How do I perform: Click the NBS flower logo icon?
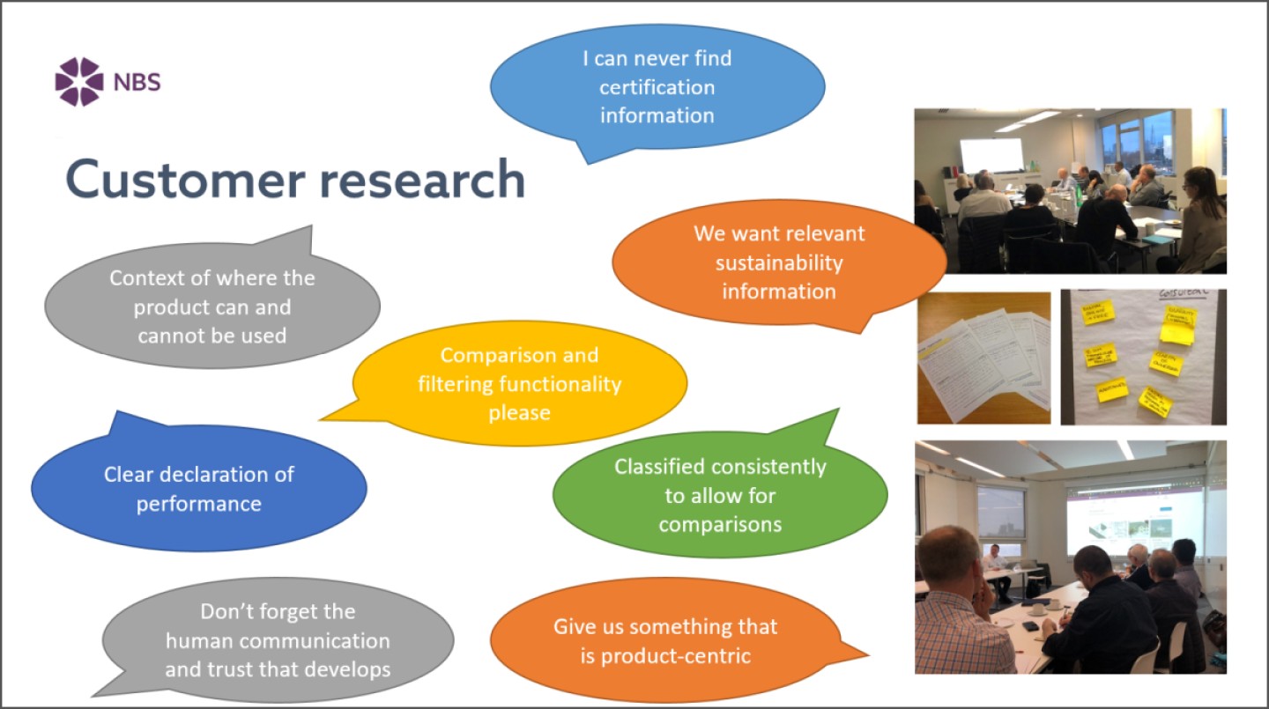coord(78,82)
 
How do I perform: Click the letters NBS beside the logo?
coord(137,84)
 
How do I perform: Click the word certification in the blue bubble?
coord(657,87)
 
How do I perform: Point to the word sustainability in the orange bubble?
coord(779,262)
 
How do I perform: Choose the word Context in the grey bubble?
coord(147,277)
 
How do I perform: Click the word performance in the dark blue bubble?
coord(198,504)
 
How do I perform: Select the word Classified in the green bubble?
coord(662,467)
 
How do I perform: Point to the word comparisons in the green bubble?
coord(720,524)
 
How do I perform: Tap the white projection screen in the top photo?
coord(991,155)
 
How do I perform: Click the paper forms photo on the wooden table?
coord(983,357)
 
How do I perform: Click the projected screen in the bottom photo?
coord(1132,520)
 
